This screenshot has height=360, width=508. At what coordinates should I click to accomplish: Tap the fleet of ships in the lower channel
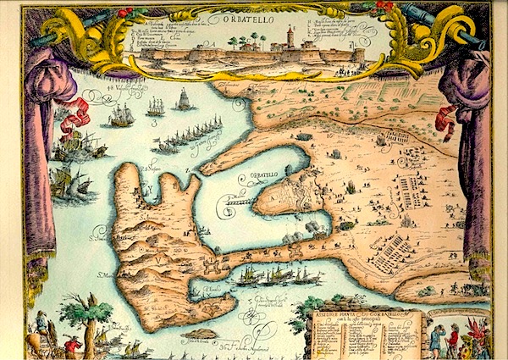pos(279,275)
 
